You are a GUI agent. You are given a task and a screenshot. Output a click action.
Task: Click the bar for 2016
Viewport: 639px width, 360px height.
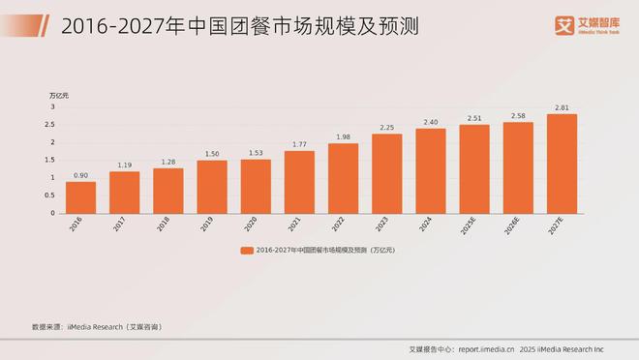(80, 197)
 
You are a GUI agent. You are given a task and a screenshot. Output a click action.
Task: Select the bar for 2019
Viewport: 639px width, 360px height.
(212, 187)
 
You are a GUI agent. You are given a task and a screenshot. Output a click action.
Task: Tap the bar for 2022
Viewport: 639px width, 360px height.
(343, 178)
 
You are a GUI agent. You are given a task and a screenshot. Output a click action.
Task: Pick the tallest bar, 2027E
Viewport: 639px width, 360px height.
(562, 164)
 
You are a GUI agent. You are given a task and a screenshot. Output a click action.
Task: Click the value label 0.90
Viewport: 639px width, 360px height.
(80, 174)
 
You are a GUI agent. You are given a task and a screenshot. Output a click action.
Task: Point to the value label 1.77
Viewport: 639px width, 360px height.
(299, 144)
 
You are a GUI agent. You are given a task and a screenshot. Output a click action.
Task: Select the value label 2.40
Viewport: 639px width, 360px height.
(430, 122)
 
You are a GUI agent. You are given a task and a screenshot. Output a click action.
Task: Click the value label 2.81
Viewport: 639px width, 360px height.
(562, 107)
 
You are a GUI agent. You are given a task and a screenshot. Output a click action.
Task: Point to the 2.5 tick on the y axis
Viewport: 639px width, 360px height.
(52, 125)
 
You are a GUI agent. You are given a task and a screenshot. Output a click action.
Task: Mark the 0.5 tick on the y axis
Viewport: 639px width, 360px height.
(52, 195)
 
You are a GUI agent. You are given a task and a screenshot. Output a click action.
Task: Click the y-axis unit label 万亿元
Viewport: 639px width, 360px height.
(59, 95)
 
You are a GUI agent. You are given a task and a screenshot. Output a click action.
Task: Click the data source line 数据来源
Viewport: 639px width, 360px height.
(96, 327)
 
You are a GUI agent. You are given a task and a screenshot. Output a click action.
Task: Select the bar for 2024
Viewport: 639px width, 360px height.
(430, 170)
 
